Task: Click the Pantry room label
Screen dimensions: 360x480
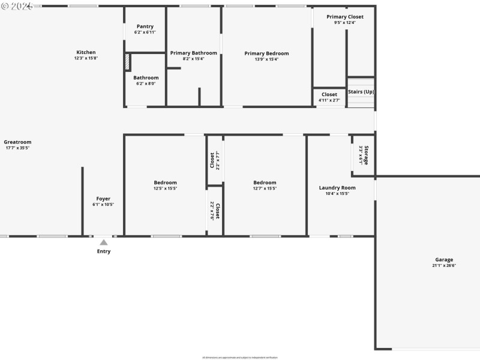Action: click(x=145, y=26)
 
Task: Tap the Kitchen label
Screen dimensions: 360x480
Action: click(x=86, y=52)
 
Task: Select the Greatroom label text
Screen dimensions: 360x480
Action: click(x=18, y=142)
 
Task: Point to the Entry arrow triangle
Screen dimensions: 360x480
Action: click(x=104, y=242)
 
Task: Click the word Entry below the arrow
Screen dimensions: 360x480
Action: click(x=104, y=251)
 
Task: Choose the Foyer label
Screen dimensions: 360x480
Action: click(x=103, y=199)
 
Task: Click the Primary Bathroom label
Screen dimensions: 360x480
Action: click(x=193, y=53)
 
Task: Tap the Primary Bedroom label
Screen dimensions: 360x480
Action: click(x=266, y=53)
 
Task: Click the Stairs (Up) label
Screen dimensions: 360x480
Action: click(x=361, y=92)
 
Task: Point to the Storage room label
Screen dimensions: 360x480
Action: click(x=366, y=155)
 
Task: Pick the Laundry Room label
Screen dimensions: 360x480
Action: click(x=337, y=188)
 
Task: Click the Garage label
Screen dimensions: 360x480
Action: click(x=444, y=260)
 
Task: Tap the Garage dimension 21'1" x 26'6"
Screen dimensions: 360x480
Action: click(x=444, y=265)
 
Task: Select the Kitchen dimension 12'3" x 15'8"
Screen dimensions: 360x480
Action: click(x=86, y=58)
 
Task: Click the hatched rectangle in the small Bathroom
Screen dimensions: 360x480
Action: click(x=127, y=62)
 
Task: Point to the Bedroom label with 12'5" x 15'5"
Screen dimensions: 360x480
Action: click(x=165, y=182)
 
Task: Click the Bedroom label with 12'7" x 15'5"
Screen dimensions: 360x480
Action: click(x=265, y=182)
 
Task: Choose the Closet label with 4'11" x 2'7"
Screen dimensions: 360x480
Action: click(x=329, y=94)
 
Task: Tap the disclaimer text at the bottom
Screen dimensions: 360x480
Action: click(x=239, y=357)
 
